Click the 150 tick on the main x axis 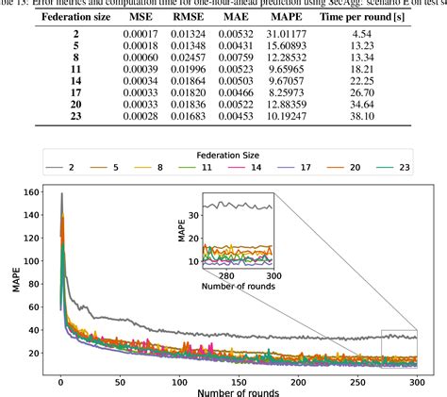[178, 383]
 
